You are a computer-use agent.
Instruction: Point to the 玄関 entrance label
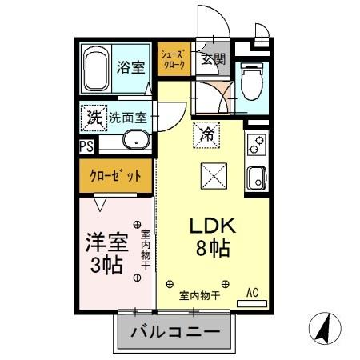pos(213,58)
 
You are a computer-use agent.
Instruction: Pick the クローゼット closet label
pos(117,175)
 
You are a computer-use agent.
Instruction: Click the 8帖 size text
pos(210,249)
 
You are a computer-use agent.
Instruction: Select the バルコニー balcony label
pos(175,330)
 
